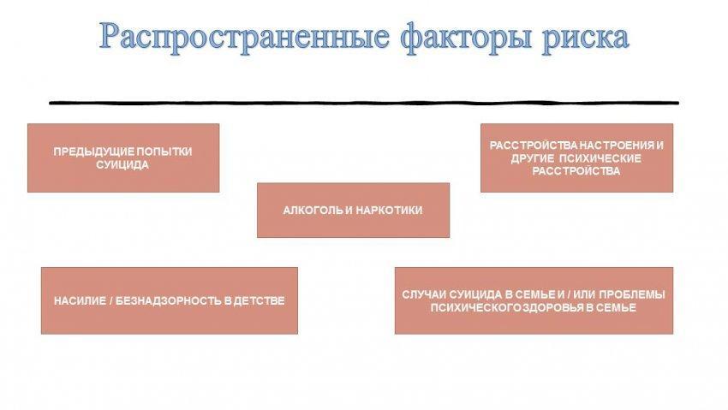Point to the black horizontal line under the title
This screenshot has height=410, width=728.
(364, 103)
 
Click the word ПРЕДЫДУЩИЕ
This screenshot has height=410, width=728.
(93, 152)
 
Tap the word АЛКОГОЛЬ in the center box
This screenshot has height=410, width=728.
(312, 210)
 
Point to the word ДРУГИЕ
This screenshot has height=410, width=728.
(532, 158)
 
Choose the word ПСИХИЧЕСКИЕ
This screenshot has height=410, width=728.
(600, 158)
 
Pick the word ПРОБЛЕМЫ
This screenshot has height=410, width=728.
(632, 294)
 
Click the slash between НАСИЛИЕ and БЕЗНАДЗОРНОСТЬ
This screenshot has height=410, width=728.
(111, 300)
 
